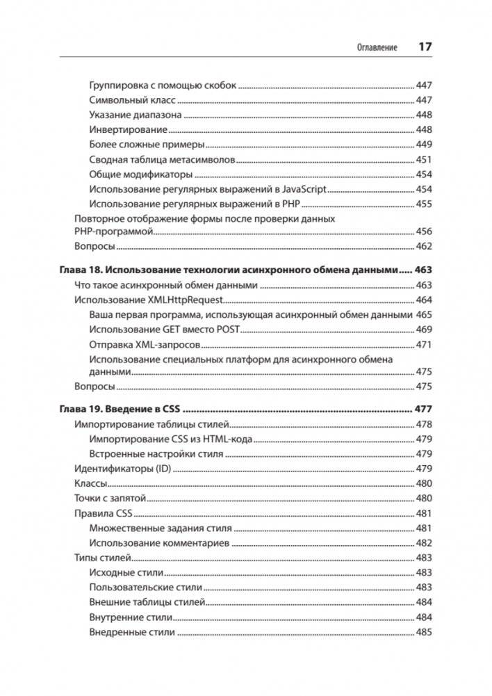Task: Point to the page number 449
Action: [x=424, y=145]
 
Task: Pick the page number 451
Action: [x=424, y=160]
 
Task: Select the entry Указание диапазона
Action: [x=136, y=115]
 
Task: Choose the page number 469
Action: [x=424, y=330]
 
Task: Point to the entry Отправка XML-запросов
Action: [x=145, y=345]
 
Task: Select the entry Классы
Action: [x=90, y=483]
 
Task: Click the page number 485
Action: [x=424, y=633]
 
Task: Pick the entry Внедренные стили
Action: [x=132, y=633]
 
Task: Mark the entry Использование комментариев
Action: [x=159, y=543]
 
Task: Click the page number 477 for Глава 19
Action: [x=423, y=409]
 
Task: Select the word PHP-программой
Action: [x=113, y=232]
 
